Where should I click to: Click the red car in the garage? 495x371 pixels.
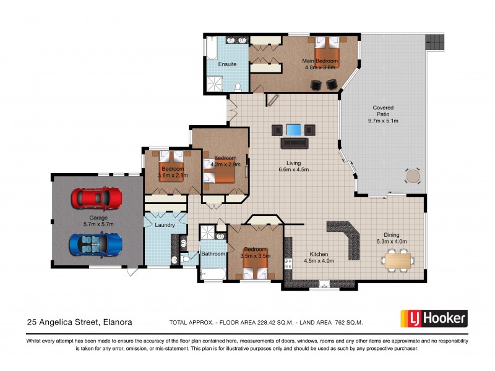[x=96, y=198]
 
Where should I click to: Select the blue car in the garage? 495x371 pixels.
[x=96, y=244]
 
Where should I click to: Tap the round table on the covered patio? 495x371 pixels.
[x=412, y=176]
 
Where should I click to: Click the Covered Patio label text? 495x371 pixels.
[x=383, y=114]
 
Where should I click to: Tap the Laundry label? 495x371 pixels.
[x=165, y=225]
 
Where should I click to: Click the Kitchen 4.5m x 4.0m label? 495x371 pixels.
[x=319, y=258]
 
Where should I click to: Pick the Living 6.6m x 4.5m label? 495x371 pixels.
[x=293, y=166]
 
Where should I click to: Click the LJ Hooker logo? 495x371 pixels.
[x=434, y=318]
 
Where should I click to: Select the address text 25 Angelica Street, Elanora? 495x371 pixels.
[x=79, y=322]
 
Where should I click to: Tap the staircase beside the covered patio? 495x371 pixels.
[x=433, y=43]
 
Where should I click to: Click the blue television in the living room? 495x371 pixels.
[x=294, y=130]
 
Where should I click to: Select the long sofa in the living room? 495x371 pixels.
[x=294, y=143]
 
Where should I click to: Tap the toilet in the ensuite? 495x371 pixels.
[x=238, y=87]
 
